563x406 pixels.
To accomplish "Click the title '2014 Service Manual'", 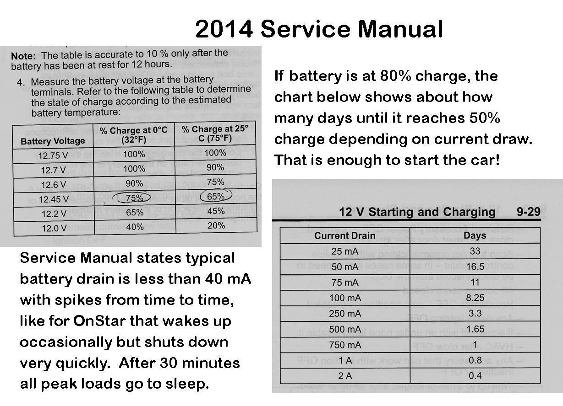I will pos(319,29).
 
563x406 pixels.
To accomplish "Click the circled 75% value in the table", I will pos(134,198).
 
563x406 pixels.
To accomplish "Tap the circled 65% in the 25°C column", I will pos(216,196).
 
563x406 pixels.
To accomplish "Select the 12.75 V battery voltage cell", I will pos(53,155).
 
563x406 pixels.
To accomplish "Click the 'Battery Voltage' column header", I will pos(53,141).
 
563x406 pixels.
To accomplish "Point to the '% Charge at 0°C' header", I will pos(134,135).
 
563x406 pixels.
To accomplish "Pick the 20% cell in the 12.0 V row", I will pos(216,225).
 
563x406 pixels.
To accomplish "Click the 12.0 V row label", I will pos(52,228).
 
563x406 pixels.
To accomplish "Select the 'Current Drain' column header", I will pos(344,235).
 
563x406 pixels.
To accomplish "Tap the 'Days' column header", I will pos(475,235).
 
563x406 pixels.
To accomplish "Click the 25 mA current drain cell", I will pos(345,251).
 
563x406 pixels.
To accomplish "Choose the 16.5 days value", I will pos(475,267).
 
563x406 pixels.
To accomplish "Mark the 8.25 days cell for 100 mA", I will pos(475,298).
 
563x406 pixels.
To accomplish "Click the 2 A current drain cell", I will pos(345,376).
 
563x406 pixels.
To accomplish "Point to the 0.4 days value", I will pos(475,376).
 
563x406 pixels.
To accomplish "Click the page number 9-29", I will pos(528,212).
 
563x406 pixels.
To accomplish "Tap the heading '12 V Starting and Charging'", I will pos(417,212).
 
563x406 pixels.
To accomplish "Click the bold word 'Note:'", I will pos(23,56).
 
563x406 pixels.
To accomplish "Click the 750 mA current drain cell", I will pos(345,345).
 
